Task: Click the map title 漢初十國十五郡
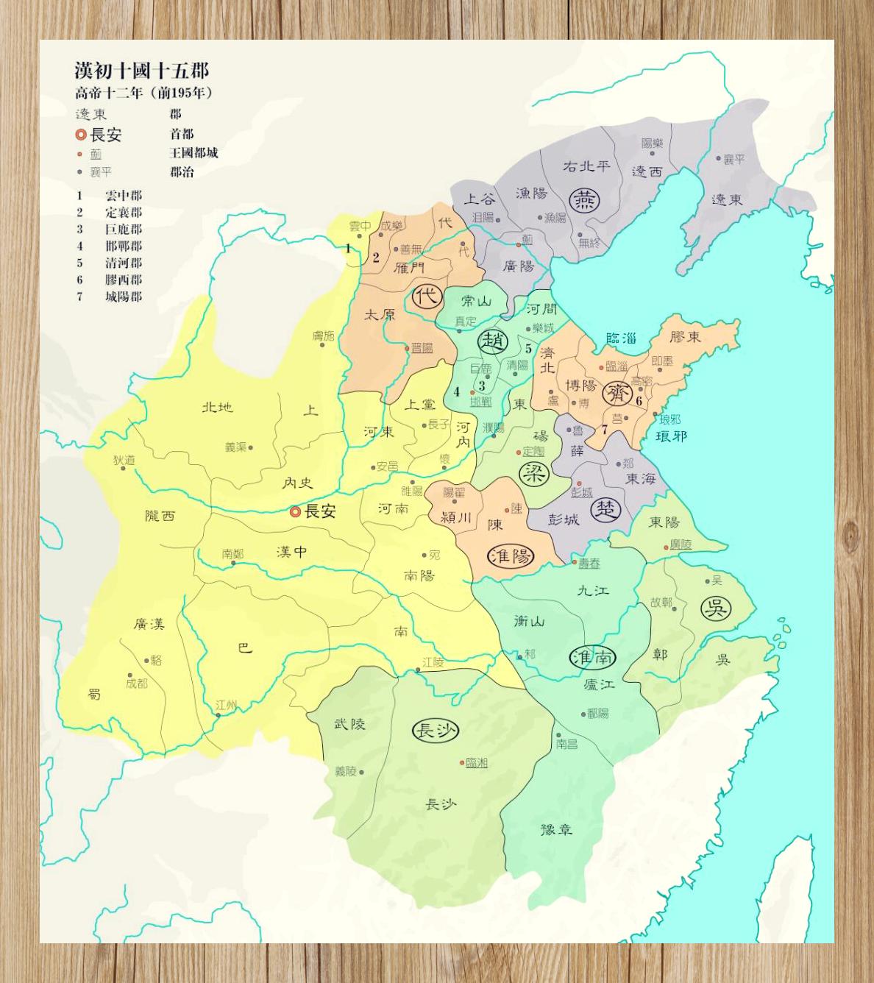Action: tap(141, 71)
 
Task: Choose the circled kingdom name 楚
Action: tap(606, 509)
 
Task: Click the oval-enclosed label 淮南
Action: tap(593, 657)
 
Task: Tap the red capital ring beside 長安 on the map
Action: tap(295, 511)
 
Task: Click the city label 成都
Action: tap(137, 683)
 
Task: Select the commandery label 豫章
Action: tap(556, 830)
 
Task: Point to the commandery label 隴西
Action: tap(160, 516)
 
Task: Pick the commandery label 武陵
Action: tap(349, 724)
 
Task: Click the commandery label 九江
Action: tap(593, 590)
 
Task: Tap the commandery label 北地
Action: tap(217, 406)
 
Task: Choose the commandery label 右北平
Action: tap(586, 166)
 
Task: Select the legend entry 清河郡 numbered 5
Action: tap(123, 263)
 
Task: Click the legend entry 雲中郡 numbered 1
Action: tap(123, 196)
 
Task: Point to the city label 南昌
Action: tap(566, 744)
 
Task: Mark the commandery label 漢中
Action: tap(292, 552)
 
